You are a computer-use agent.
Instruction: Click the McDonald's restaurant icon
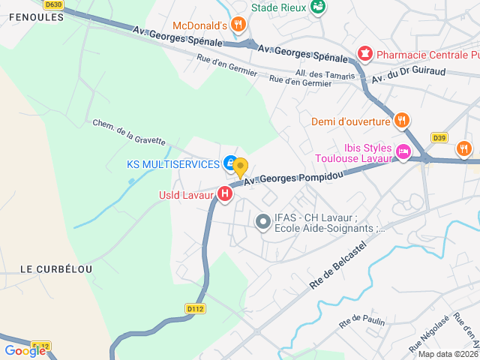238,24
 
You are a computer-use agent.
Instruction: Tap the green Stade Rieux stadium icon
318,7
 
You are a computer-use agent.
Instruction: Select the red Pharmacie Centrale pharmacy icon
364,54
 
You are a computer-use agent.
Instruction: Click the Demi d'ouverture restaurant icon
402,121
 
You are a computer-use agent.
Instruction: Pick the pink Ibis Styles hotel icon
403,152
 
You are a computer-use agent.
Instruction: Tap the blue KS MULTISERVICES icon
229,163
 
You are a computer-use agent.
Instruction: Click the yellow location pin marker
240,166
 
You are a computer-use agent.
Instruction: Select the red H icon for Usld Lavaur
224,194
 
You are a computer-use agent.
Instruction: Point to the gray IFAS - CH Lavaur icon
262,221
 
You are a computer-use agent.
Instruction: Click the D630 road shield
53,4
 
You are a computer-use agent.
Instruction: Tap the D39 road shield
439,137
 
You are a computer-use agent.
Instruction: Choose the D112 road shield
195,307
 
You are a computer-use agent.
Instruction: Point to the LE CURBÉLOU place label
56,269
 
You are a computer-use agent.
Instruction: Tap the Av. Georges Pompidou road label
293,176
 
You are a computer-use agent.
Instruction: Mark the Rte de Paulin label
361,322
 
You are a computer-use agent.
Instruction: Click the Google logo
25,350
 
